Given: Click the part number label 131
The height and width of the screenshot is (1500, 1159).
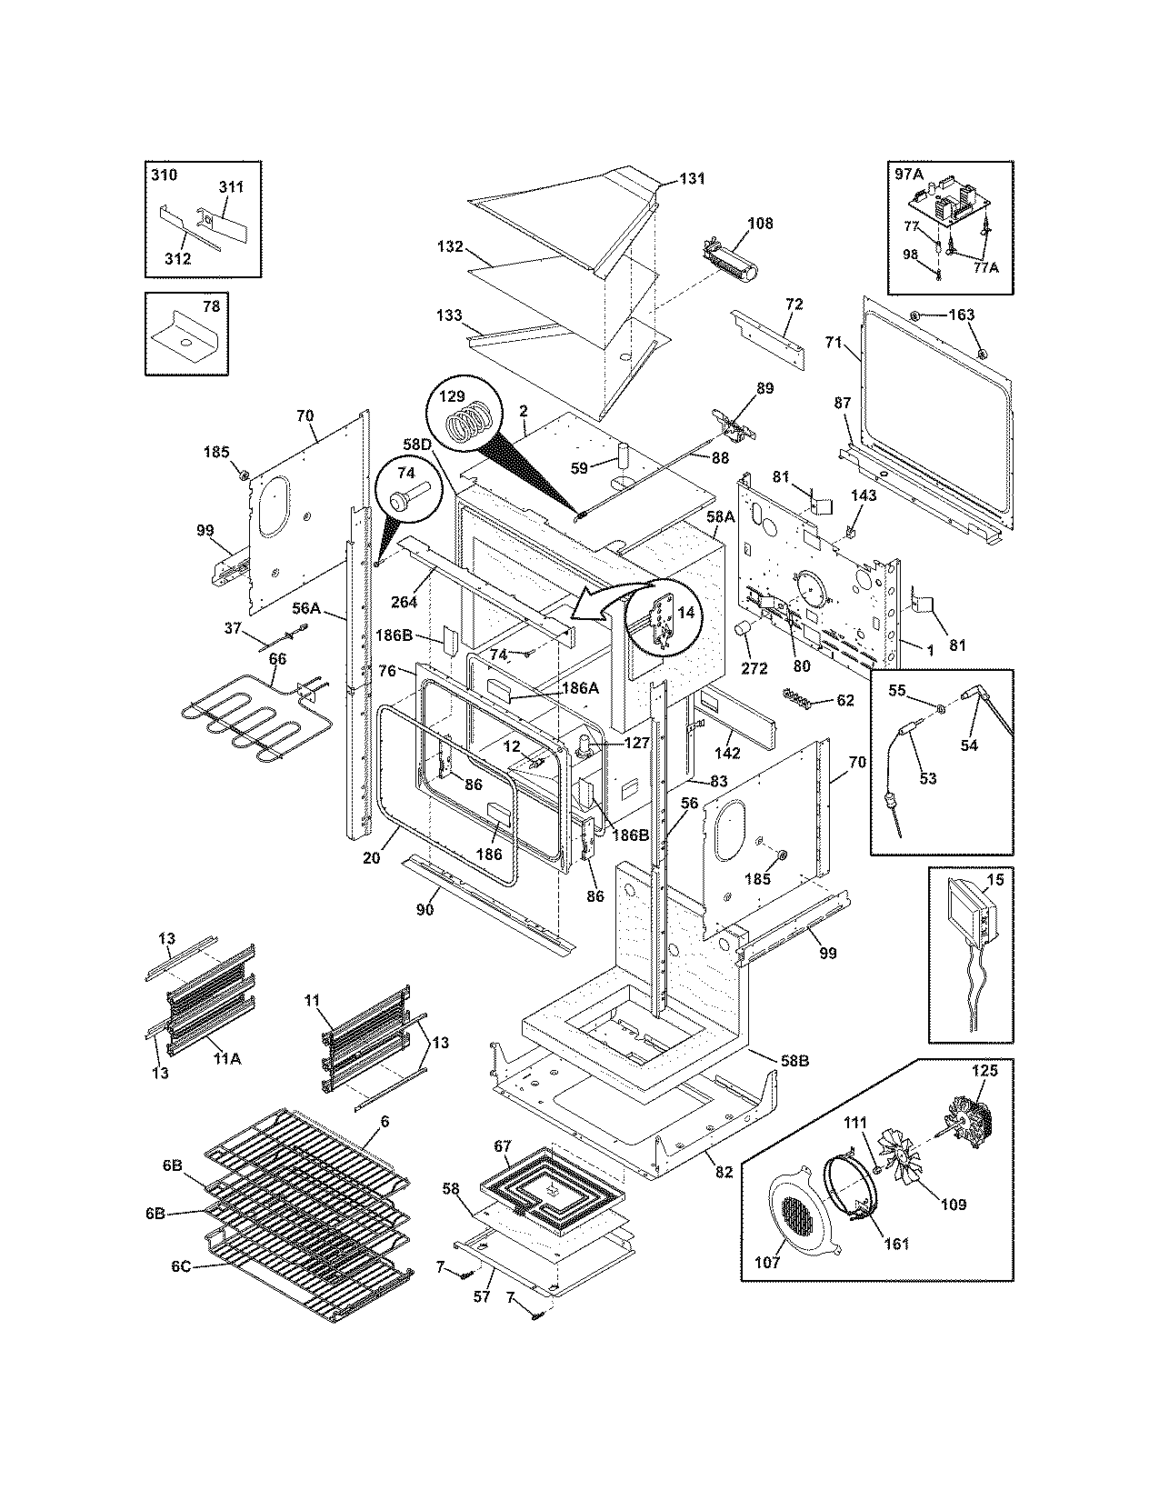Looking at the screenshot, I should click(x=692, y=179).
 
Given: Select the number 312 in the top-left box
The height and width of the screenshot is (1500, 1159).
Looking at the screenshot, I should click(x=178, y=258).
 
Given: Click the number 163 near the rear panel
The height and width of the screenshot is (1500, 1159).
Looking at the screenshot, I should click(x=961, y=315).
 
